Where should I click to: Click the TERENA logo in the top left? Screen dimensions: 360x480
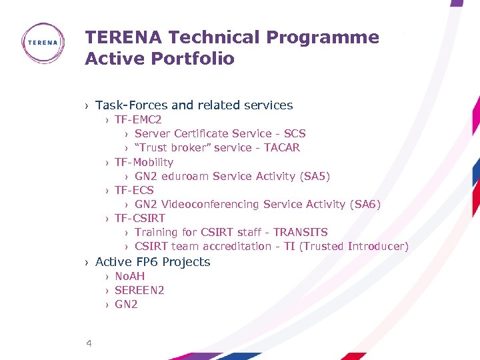tap(43, 43)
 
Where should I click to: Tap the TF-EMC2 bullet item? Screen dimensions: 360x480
tap(138, 120)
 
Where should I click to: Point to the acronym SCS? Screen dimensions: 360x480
tap(295, 134)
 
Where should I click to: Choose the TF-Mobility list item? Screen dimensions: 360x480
tap(144, 162)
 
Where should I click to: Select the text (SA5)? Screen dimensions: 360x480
tap(315, 176)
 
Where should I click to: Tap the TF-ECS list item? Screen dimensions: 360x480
tap(134, 190)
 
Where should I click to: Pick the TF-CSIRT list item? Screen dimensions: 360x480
tap(140, 218)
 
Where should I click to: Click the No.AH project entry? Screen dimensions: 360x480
tap(129, 276)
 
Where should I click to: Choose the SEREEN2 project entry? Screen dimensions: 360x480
tap(139, 290)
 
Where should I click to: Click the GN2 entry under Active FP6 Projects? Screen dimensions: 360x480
tap(126, 304)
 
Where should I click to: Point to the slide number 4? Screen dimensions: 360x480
tap(89, 343)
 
